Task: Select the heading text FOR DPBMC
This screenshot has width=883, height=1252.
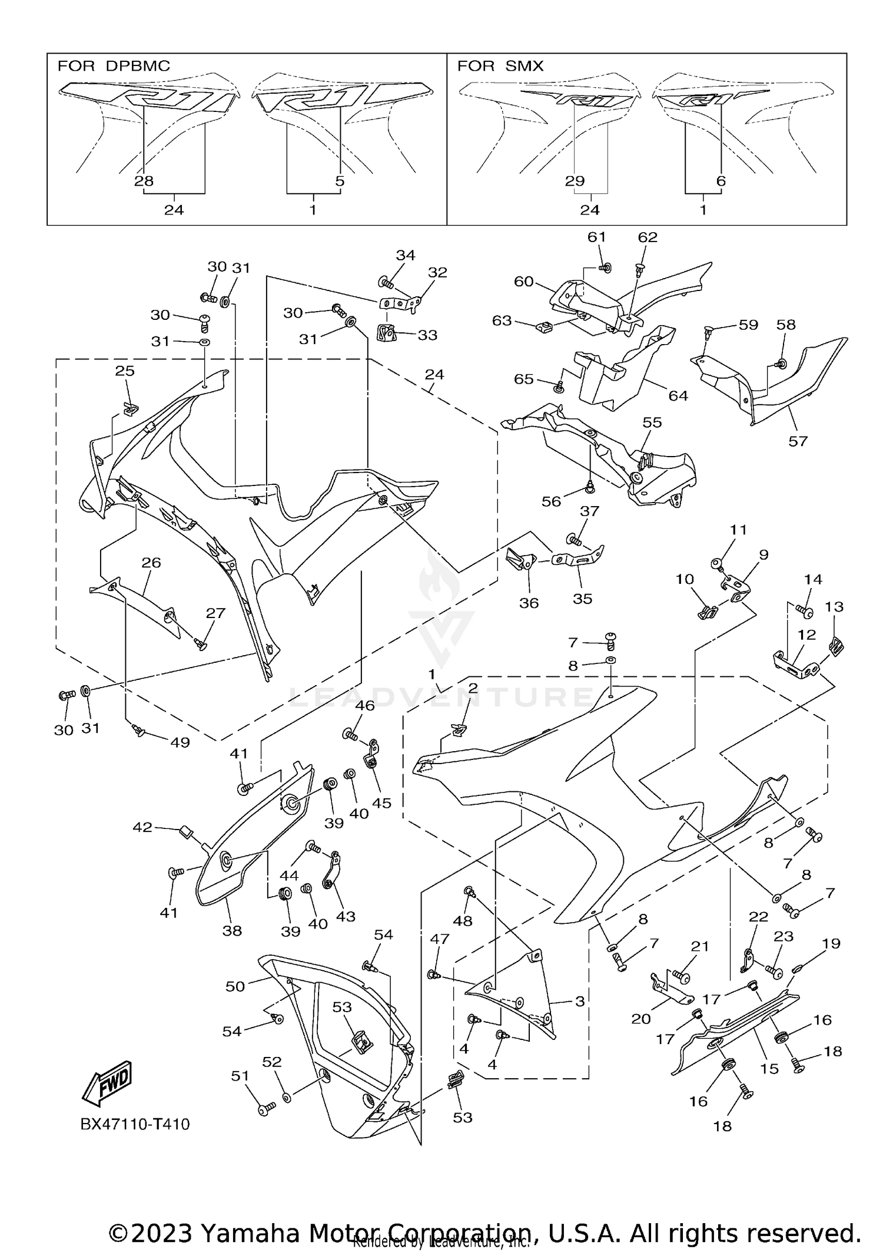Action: coord(114,66)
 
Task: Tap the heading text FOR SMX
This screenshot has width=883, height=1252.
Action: coord(500,66)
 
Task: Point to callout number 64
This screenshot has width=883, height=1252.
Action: coord(678,396)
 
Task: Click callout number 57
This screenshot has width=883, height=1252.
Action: coord(798,441)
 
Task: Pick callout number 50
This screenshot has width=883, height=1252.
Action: coord(235,986)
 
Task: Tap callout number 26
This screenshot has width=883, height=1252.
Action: coord(151,563)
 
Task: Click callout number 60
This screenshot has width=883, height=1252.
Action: coord(523,282)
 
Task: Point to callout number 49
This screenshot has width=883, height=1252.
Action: coord(180,742)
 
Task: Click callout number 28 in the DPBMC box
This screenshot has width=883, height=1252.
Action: coord(144,181)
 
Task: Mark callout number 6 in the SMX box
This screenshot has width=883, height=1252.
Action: coord(721,181)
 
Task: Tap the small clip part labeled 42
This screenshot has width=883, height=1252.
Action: coord(185,832)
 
